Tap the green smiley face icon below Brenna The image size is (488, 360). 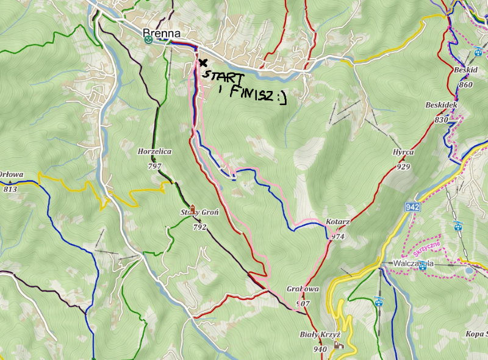(148, 40)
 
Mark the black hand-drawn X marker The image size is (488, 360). (203, 62)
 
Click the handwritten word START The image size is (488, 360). (224, 77)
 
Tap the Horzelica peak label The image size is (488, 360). (154, 151)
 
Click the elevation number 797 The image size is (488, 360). (154, 165)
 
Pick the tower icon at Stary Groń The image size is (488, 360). (193, 210)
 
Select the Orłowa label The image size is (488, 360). (11, 175)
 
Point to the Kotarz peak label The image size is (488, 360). (337, 222)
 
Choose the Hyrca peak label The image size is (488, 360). (403, 152)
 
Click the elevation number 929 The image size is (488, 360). (403, 166)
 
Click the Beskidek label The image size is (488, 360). (441, 105)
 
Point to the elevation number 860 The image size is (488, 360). (465, 84)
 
